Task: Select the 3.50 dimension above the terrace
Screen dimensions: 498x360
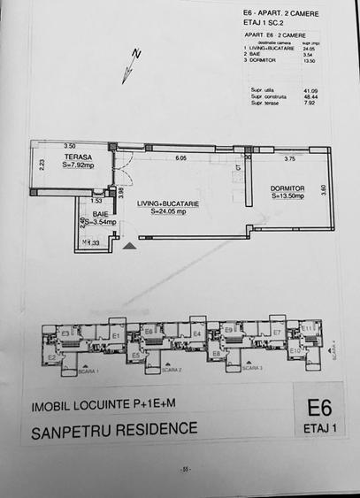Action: tap(70, 145)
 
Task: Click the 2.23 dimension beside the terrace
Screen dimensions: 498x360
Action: tap(41, 162)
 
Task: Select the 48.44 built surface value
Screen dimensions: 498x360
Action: tap(310, 97)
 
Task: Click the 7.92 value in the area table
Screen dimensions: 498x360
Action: tap(310, 103)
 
